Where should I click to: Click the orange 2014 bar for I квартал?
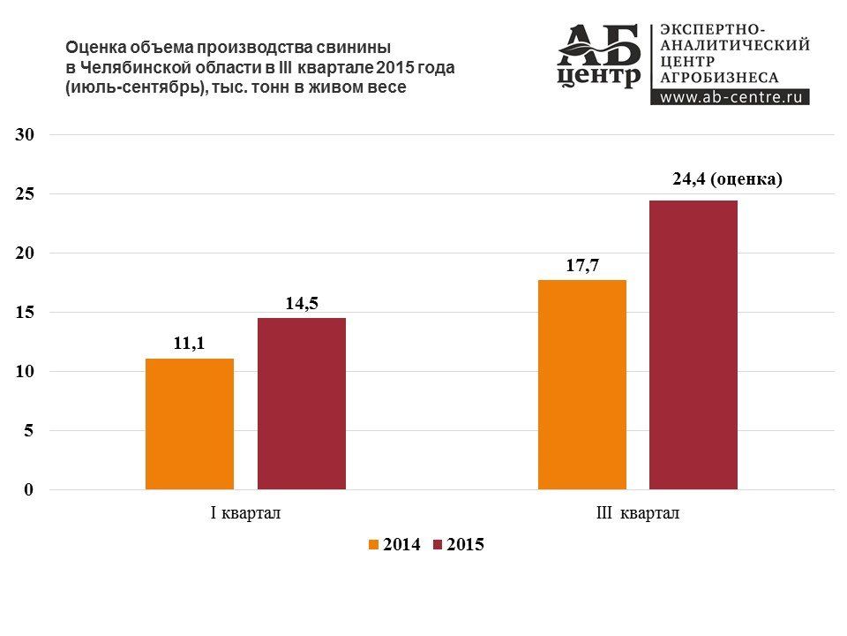pos(190,424)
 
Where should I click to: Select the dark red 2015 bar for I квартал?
pos(302,404)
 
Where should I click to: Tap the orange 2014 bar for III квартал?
pos(582,385)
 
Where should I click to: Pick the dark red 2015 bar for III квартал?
pos(693,344)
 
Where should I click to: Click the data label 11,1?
pos(189,344)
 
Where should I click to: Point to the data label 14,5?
pos(302,304)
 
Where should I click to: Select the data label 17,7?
pos(582,265)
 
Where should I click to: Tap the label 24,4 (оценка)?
pos(728,179)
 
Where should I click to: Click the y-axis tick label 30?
pos(24,135)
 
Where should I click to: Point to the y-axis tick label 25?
pos(24,194)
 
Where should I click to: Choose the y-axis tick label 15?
pos(24,313)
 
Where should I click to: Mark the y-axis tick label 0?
pos(28,490)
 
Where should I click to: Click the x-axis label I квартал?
pos(245,514)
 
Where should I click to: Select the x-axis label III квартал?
pos(638,514)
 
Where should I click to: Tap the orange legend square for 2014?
pos(374,545)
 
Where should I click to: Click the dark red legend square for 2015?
pos(438,545)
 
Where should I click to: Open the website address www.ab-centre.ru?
pos(730,97)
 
